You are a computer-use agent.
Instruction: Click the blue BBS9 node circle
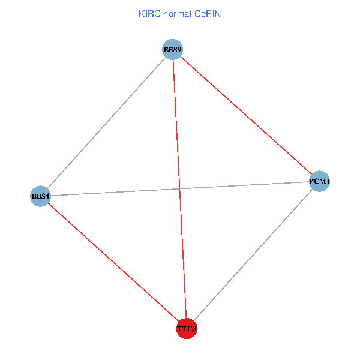(172, 49)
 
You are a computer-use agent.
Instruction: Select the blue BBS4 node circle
(40, 196)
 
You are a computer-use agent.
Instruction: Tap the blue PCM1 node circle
(320, 181)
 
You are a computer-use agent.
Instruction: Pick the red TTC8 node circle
(187, 329)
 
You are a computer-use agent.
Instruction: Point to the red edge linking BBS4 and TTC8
(113, 262)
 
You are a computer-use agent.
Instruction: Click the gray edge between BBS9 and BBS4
(106, 122)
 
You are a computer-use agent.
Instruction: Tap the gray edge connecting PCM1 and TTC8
(253, 254)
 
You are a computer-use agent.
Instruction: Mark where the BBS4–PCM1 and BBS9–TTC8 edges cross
(180, 188)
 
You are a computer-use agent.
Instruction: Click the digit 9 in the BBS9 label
(179, 49)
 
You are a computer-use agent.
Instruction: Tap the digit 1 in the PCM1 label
(328, 181)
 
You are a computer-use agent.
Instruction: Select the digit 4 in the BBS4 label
(47, 196)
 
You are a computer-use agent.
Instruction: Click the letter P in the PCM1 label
(311, 181)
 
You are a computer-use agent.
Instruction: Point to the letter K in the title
(142, 14)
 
